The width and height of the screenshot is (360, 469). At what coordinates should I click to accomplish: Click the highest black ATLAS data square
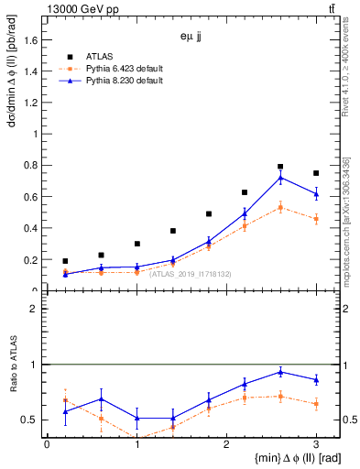coord(280,167)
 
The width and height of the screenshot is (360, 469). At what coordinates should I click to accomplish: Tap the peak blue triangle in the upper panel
coord(280,178)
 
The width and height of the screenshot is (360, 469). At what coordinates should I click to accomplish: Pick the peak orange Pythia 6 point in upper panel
coord(280,207)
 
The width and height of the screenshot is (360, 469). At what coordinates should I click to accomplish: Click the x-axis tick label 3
coord(316,444)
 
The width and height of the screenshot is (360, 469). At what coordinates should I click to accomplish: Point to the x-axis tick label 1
coord(136,444)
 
